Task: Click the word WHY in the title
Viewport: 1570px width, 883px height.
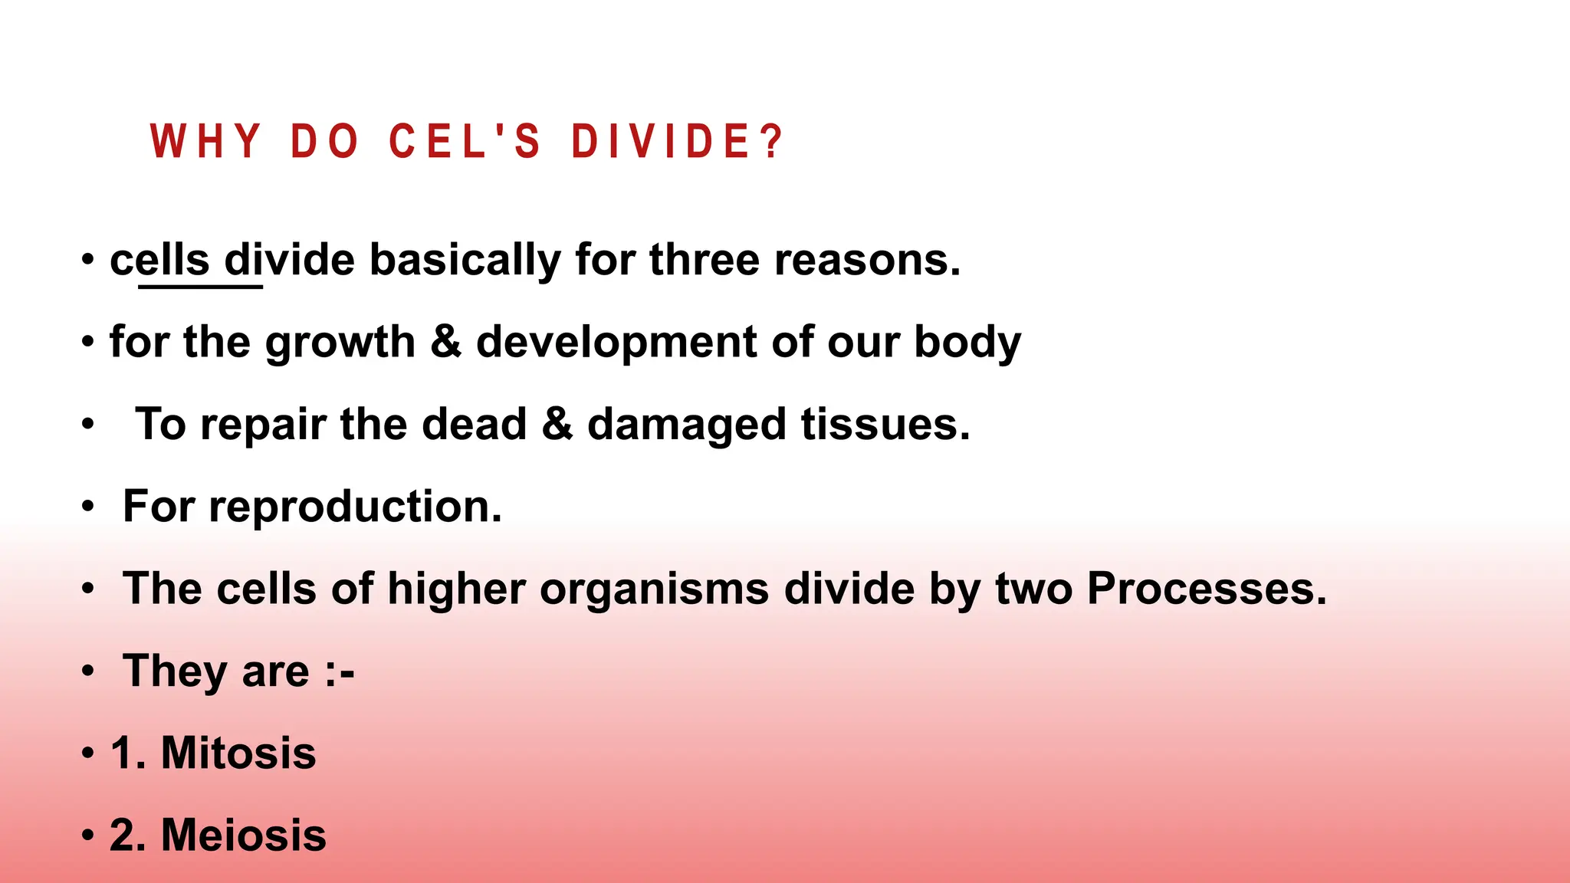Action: tap(206, 142)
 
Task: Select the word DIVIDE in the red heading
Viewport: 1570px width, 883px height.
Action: tap(660, 142)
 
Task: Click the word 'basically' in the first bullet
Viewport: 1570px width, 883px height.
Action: tap(465, 260)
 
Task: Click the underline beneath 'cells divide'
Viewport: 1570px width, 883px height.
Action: tap(200, 287)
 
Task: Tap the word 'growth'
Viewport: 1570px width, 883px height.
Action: tap(339, 342)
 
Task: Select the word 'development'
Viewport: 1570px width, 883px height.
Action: tap(616, 342)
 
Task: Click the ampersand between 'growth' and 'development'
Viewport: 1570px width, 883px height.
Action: tap(445, 342)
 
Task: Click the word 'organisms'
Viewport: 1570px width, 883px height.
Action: tap(654, 589)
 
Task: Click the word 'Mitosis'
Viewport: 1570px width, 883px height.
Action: tap(238, 753)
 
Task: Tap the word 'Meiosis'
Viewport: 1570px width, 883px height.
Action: tap(244, 835)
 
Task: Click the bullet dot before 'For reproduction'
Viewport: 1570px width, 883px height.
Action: tap(89, 507)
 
